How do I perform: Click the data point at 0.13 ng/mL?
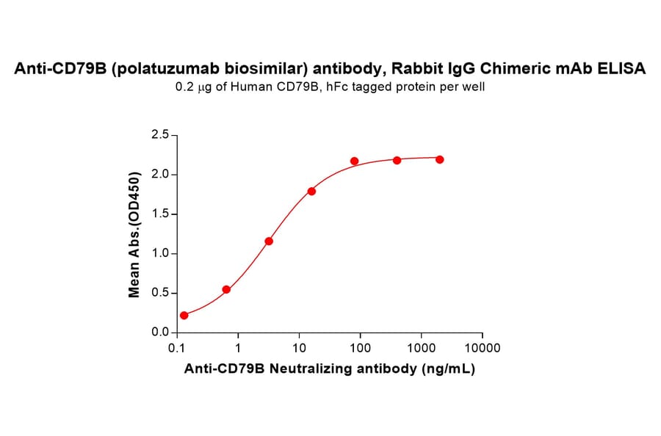[x=184, y=316]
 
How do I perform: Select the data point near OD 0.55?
[x=226, y=289]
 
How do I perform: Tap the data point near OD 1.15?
[x=269, y=241]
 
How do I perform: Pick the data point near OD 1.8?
[x=311, y=191]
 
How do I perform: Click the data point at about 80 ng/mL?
[x=354, y=161]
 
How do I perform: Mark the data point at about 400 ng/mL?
[x=397, y=160]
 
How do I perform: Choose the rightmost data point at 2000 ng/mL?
[x=439, y=159]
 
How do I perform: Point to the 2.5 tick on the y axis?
[x=159, y=135]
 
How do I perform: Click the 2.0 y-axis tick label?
[x=159, y=175]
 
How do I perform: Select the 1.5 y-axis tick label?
[x=159, y=214]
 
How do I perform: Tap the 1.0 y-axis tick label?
[x=159, y=254]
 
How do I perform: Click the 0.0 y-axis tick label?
[x=159, y=333]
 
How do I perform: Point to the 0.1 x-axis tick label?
[x=176, y=348]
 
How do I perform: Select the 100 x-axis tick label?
[x=360, y=348]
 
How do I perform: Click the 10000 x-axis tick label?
[x=483, y=348]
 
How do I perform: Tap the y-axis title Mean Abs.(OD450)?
[x=134, y=234]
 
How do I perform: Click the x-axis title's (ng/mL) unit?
[x=449, y=369]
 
